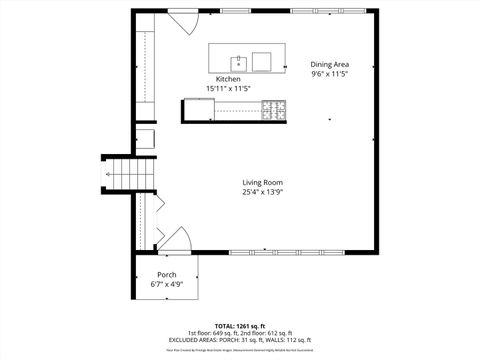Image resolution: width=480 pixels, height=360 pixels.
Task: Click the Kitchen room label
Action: [x=228, y=79]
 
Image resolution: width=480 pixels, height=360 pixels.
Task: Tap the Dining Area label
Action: [x=329, y=64]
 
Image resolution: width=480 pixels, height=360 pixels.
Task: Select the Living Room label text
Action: [x=263, y=182]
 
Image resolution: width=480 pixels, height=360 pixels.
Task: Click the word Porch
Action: [x=167, y=275]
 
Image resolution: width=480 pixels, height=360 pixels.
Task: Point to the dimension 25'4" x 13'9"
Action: [x=263, y=192]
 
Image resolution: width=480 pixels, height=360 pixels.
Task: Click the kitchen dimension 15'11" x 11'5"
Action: [x=228, y=89]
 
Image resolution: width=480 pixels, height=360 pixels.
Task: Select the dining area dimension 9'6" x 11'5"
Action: [x=329, y=74]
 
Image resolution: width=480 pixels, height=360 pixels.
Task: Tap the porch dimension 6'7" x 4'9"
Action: [x=167, y=285]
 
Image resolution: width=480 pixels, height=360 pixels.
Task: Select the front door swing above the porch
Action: [x=176, y=240]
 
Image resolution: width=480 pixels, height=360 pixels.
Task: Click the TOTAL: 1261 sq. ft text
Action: [x=239, y=325]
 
